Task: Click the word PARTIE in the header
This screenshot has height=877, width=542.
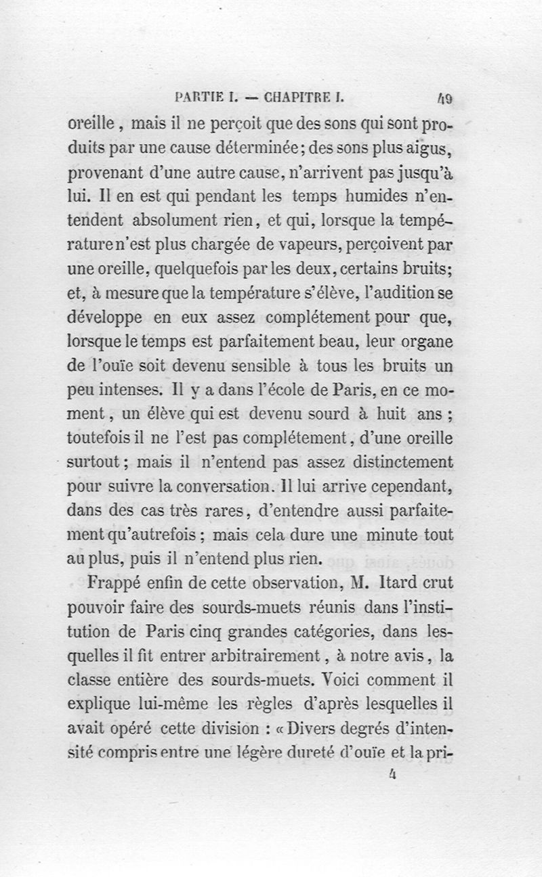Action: click(x=197, y=97)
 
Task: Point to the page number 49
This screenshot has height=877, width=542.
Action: click(x=444, y=98)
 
